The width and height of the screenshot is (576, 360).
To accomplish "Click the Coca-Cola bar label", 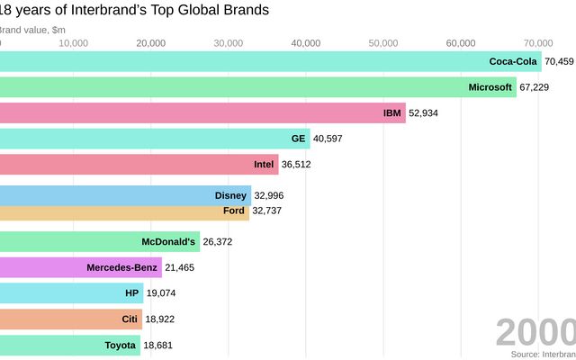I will [512, 61].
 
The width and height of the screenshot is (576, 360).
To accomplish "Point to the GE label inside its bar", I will [298, 139].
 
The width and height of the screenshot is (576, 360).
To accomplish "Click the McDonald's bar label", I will [168, 241].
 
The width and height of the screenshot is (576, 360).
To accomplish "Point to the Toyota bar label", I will [120, 346].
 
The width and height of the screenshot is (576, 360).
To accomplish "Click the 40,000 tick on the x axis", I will [306, 42].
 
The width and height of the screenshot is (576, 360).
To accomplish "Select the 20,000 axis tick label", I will [151, 42].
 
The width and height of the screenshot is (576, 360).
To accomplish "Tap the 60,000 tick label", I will [461, 42].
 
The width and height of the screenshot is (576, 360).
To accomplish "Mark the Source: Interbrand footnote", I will [543, 355].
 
